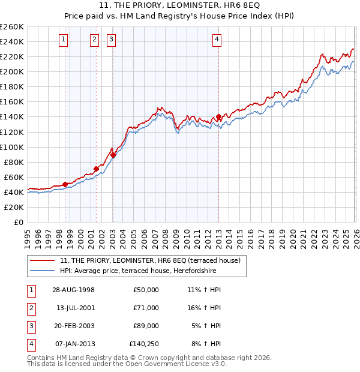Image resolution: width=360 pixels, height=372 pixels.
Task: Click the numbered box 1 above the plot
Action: (x=64, y=40)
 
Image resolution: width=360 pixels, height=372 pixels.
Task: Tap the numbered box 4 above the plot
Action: (x=217, y=40)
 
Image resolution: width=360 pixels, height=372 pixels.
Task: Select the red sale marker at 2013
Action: (x=218, y=116)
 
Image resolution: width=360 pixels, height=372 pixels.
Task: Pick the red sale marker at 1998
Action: (x=65, y=184)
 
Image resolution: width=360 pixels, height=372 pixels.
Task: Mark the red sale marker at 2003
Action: (x=113, y=155)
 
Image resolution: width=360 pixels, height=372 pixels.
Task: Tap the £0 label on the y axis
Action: (x=19, y=222)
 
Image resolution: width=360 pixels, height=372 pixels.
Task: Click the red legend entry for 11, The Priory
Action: (x=150, y=260)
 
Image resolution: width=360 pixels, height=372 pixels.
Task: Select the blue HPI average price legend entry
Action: (x=137, y=271)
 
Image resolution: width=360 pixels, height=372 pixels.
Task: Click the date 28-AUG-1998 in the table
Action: (x=73, y=290)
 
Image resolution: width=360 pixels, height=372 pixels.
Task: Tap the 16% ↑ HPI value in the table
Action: (x=204, y=308)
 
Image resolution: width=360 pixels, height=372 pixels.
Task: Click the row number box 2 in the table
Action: (x=31, y=308)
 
